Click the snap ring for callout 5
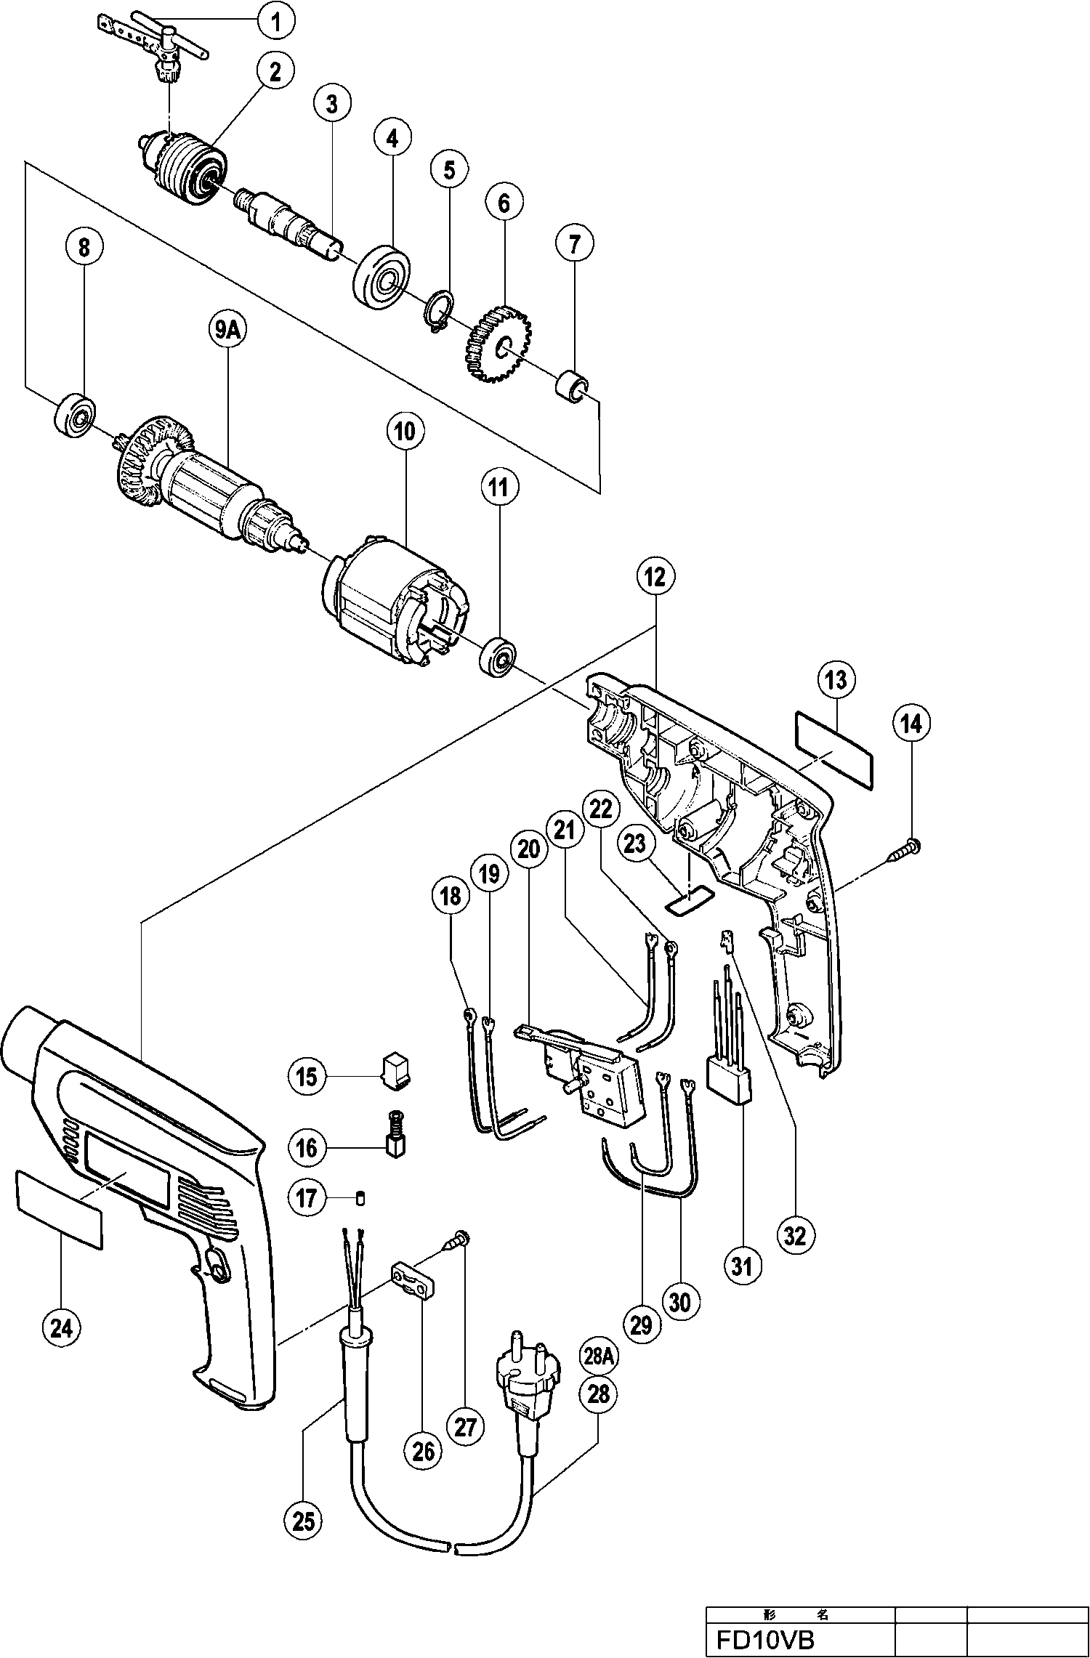438,311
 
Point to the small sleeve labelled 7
571,386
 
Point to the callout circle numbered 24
62,1329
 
